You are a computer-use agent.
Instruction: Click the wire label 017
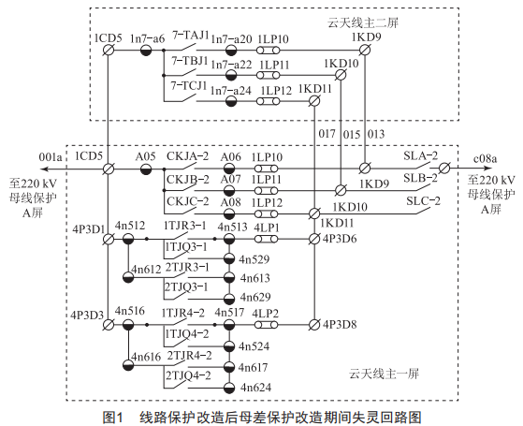327,134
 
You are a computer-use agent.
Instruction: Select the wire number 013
376,134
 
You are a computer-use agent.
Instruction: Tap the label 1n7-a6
148,38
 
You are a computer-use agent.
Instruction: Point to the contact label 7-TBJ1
189,61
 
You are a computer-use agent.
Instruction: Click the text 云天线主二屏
363,22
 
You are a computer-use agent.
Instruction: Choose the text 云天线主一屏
384,374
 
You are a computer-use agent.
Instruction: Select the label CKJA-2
187,156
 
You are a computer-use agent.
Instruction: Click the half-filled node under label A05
146,169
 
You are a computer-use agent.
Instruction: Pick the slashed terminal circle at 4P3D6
313,239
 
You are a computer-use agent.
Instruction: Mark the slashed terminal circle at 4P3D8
313,325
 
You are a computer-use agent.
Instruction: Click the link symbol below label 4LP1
266,239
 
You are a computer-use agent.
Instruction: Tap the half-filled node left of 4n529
229,258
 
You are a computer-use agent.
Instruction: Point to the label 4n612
147,269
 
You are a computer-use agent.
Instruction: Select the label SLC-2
423,201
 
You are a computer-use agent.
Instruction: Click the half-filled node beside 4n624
229,388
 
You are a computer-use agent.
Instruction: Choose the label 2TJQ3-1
187,286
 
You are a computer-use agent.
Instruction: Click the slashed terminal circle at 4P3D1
108,239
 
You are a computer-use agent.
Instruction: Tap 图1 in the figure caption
113,417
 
